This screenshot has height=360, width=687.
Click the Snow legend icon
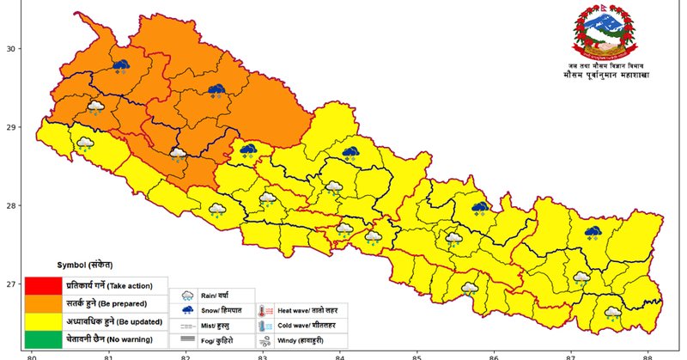[x=187, y=310]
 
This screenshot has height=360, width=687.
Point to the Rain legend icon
[x=187, y=295]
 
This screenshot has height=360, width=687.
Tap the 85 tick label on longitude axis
[x=416, y=355]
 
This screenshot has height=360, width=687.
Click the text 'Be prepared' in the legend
[x=120, y=304]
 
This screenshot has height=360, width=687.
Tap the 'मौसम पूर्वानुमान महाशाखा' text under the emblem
[x=600, y=76]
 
